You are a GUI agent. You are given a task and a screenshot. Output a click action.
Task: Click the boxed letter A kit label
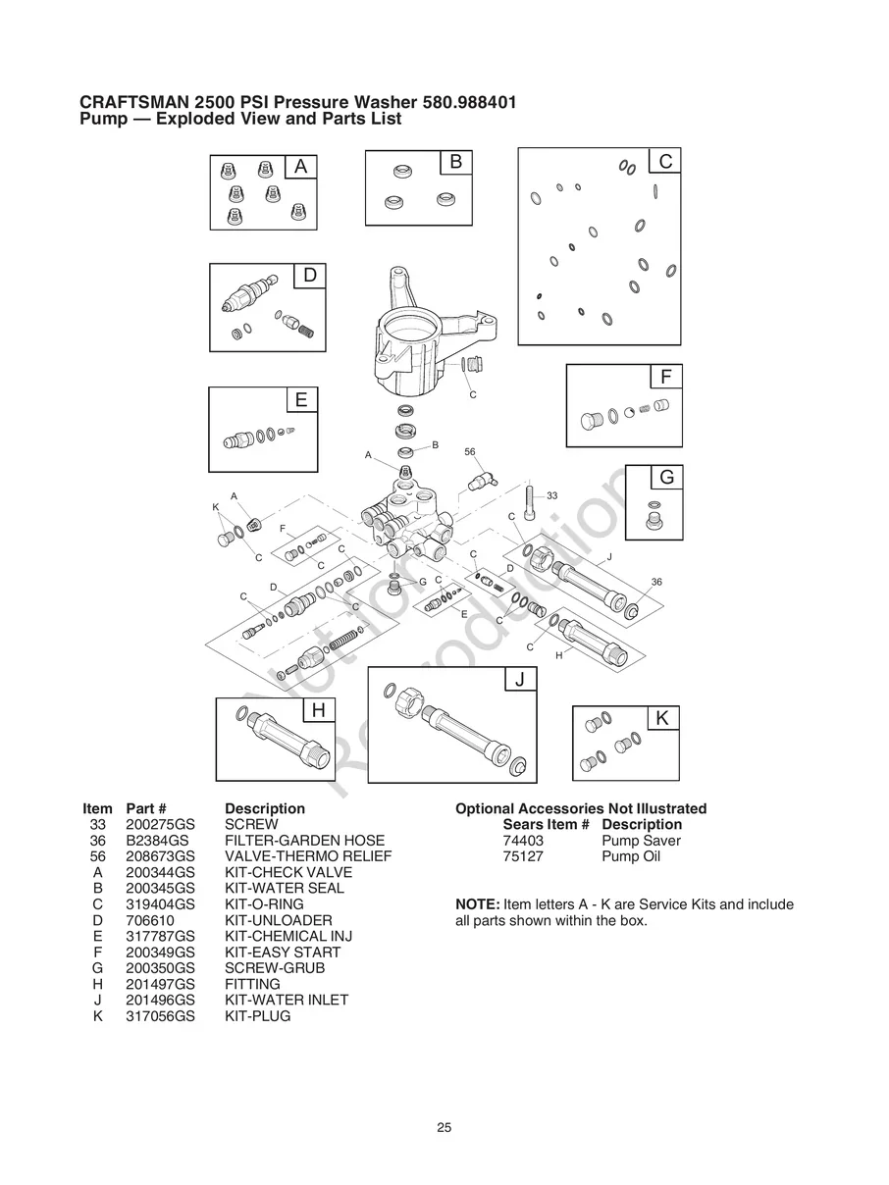click(x=301, y=168)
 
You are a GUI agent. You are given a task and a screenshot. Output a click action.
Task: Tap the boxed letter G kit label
click(x=666, y=478)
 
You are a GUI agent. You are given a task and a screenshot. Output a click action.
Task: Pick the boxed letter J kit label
click(x=520, y=680)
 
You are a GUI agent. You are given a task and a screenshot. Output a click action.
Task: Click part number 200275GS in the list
click(x=160, y=825)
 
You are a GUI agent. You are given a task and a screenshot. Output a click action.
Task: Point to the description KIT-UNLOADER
click(x=278, y=920)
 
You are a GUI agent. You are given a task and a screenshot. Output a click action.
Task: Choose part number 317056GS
click(x=160, y=1015)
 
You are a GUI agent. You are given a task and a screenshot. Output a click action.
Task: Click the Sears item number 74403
click(x=523, y=841)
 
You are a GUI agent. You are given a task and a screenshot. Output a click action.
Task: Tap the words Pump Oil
click(x=631, y=856)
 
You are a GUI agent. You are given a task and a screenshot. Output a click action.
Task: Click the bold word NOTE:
click(x=478, y=904)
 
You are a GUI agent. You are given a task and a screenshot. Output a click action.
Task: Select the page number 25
click(x=444, y=1128)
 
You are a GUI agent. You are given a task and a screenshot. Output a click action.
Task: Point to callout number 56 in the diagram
click(x=470, y=452)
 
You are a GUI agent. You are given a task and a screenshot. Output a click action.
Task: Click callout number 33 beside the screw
click(x=551, y=496)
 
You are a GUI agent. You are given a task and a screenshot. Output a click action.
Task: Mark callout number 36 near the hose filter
click(x=656, y=582)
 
